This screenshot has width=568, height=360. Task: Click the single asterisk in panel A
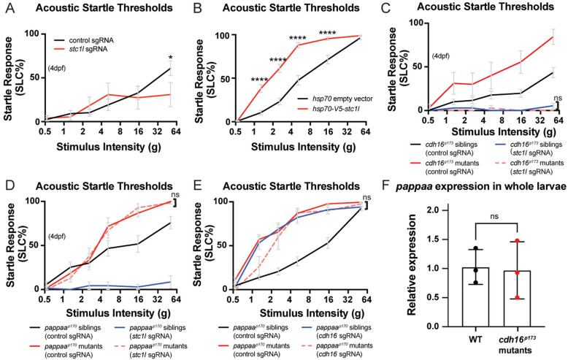(x=169, y=56)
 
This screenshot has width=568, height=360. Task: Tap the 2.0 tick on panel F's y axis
(x=424, y=210)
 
